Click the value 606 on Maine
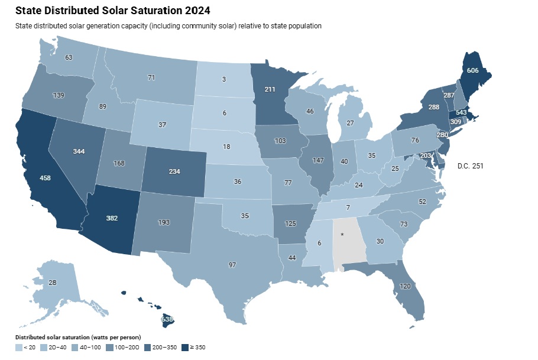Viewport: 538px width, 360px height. coord(472,70)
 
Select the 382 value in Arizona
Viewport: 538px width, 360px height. coord(112,218)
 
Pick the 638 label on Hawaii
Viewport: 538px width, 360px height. coord(168,320)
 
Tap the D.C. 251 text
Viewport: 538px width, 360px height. coord(471,166)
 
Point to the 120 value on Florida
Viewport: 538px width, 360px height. coord(404,286)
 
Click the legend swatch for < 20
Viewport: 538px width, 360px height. coord(18,347)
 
